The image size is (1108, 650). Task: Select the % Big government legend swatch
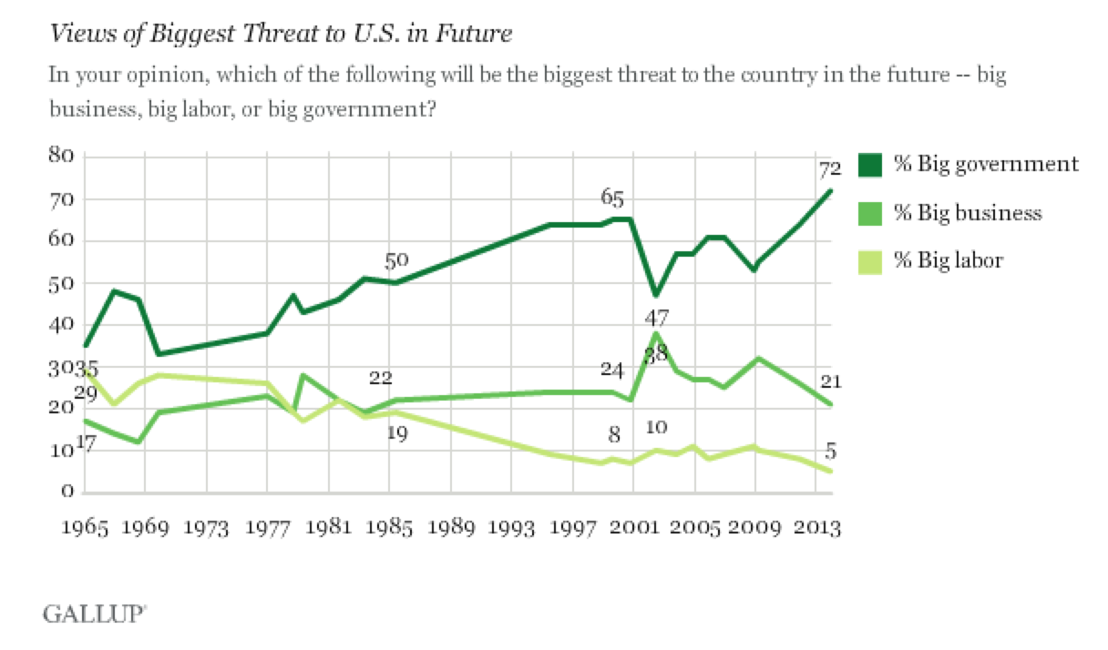[870, 165]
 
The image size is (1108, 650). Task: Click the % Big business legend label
[967, 213]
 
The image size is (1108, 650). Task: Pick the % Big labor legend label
[948, 260]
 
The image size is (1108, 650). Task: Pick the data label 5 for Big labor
[831, 451]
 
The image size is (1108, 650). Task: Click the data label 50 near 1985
[396, 261]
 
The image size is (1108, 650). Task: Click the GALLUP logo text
[93, 614]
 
